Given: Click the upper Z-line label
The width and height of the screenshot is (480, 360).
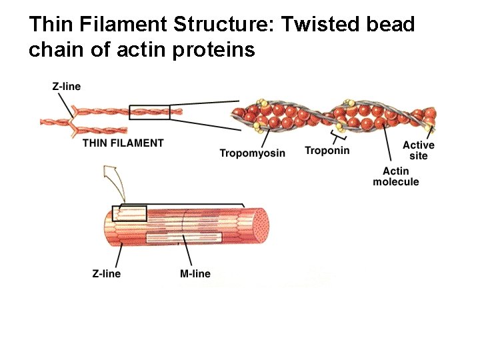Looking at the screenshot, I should coord(66,86).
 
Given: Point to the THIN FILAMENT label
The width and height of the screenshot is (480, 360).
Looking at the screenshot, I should coord(123,143).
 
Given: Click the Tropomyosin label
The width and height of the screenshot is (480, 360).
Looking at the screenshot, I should coord(252,153).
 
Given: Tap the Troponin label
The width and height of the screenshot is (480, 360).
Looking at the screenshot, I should coord(327,151).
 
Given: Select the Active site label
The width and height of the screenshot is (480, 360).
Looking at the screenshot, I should coord(418,150).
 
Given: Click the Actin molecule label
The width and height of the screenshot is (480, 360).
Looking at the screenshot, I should coord(396,177).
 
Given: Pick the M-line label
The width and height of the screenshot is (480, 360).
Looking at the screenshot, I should coord(195,273).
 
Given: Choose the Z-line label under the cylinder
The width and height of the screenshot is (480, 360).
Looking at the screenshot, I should coord(107,273).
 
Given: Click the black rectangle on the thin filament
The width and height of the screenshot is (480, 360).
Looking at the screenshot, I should coord(149,112).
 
